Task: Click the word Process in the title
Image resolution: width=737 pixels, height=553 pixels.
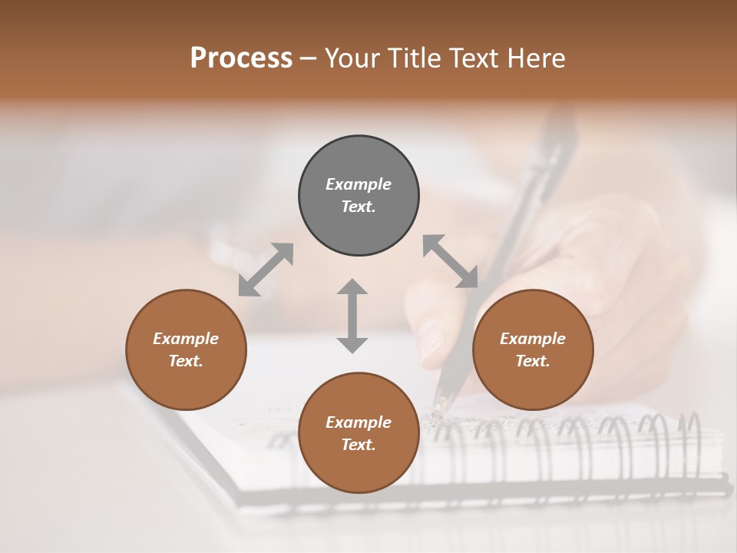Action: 241,58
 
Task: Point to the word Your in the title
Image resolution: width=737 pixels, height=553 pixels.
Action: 352,58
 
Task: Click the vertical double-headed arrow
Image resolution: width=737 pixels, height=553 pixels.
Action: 352,316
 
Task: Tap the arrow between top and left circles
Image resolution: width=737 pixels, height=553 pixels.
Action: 266,270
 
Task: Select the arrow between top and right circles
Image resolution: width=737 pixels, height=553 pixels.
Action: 451,261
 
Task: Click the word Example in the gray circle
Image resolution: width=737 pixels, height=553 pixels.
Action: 359,184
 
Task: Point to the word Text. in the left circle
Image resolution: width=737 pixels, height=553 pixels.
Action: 186,361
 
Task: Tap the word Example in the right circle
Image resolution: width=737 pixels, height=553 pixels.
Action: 533,339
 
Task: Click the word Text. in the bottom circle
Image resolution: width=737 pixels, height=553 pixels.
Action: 359,445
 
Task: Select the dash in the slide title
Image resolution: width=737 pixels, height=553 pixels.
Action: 309,58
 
